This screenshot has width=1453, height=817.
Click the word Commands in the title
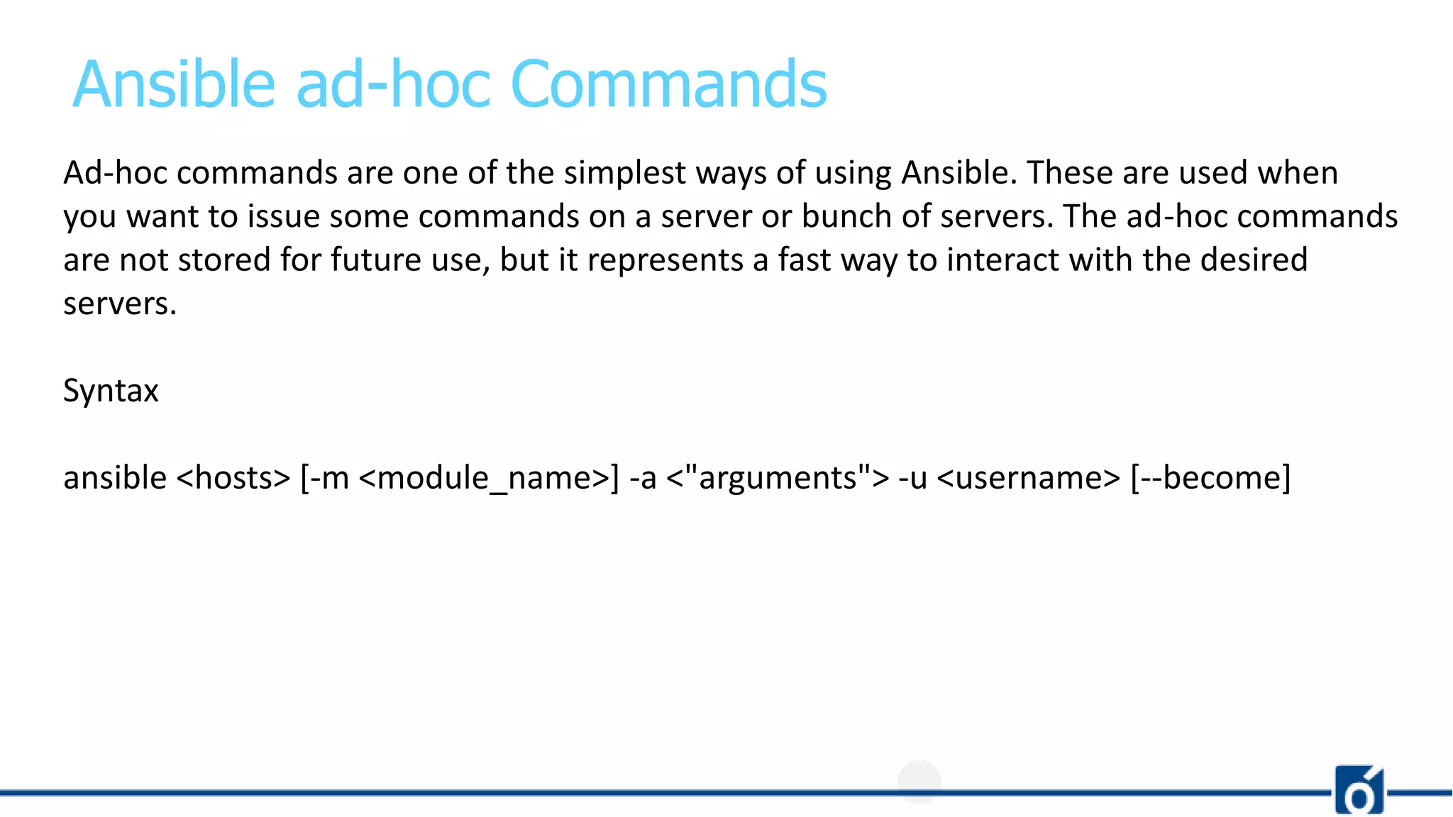pos(668,84)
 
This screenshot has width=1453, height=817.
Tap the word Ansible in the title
pos(174,84)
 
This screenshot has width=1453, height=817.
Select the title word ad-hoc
pos(393,84)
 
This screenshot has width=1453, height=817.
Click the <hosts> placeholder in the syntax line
pos(233,478)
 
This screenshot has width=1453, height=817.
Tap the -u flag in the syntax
pos(912,478)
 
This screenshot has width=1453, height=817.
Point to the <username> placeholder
pos(1029,478)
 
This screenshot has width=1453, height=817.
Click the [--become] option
pos(1210,478)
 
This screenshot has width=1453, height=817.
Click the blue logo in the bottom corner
pos(1359,789)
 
